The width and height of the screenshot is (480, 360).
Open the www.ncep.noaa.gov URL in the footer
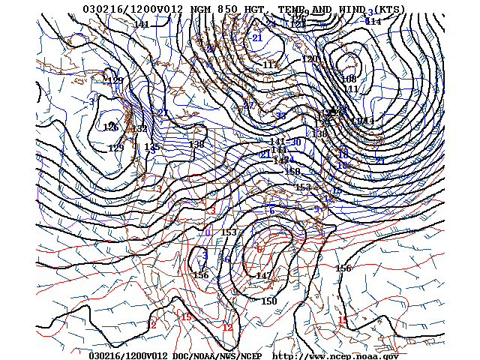(335, 355)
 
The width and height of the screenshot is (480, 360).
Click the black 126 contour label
(111, 127)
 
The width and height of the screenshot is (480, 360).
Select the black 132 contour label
(139, 129)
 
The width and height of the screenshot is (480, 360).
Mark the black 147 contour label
(263, 276)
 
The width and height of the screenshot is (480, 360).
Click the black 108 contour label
(349, 79)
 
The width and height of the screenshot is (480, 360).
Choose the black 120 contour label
(309, 59)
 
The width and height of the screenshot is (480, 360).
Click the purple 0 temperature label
(208, 232)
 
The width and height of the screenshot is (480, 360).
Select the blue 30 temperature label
(296, 142)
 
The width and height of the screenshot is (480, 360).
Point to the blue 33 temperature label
(280, 115)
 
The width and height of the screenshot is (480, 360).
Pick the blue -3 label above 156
(204, 255)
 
